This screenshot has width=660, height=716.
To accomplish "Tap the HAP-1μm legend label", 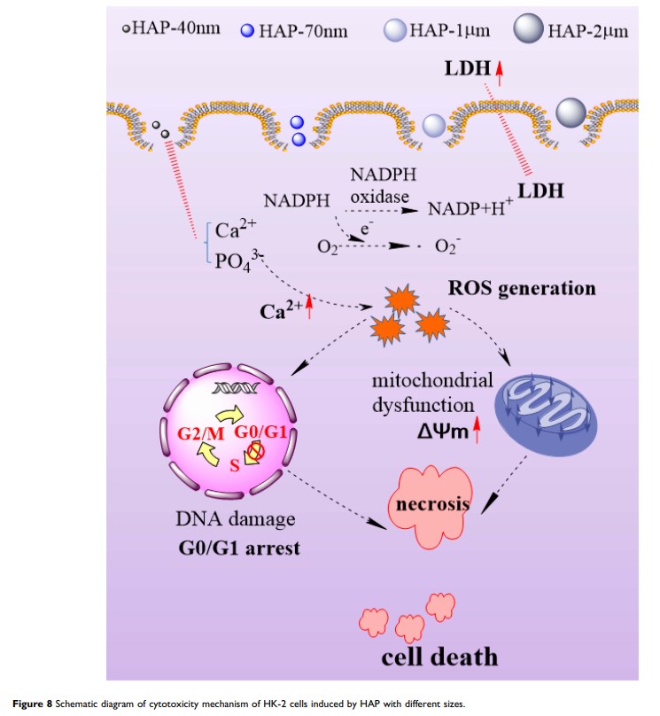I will [443, 32].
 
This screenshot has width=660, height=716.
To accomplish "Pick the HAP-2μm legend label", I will [588, 32].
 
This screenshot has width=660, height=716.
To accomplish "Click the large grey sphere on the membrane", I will [571, 113].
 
